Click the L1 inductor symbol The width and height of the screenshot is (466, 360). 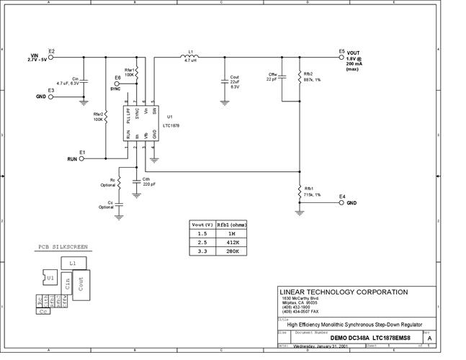[191, 56]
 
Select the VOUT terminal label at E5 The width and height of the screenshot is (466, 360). [354, 53]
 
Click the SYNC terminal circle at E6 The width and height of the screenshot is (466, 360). [118, 83]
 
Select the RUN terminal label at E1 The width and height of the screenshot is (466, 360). [73, 158]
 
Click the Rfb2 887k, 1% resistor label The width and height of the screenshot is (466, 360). [308, 77]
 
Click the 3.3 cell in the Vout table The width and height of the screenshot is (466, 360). [202, 251]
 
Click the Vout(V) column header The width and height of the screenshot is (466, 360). [202, 225]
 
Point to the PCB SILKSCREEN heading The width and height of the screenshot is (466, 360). [63, 246]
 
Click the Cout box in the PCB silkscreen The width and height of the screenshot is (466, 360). [81, 284]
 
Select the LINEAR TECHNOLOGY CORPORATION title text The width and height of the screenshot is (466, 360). [342, 292]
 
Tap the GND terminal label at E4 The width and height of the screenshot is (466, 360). [351, 203]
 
